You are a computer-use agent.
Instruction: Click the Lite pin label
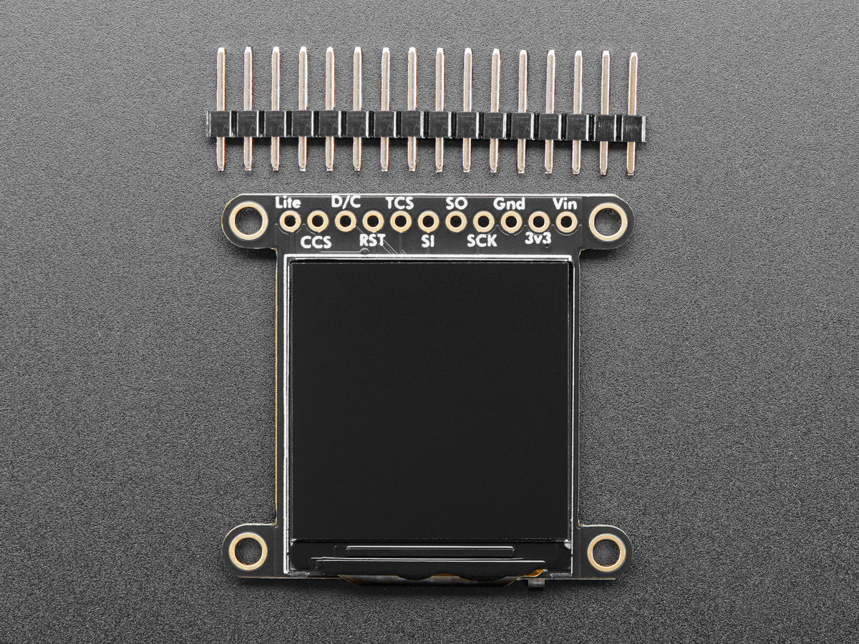click(x=288, y=203)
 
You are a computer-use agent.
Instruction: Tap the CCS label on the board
click(x=316, y=243)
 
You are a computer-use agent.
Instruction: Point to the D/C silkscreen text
click(x=346, y=202)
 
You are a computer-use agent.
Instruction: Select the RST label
click(x=372, y=240)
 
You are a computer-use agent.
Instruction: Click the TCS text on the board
click(x=399, y=203)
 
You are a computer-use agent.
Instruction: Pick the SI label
click(x=427, y=241)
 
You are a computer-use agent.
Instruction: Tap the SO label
click(x=456, y=203)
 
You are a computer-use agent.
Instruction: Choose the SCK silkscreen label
click(x=482, y=241)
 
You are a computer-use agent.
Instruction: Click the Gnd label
click(x=509, y=204)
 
